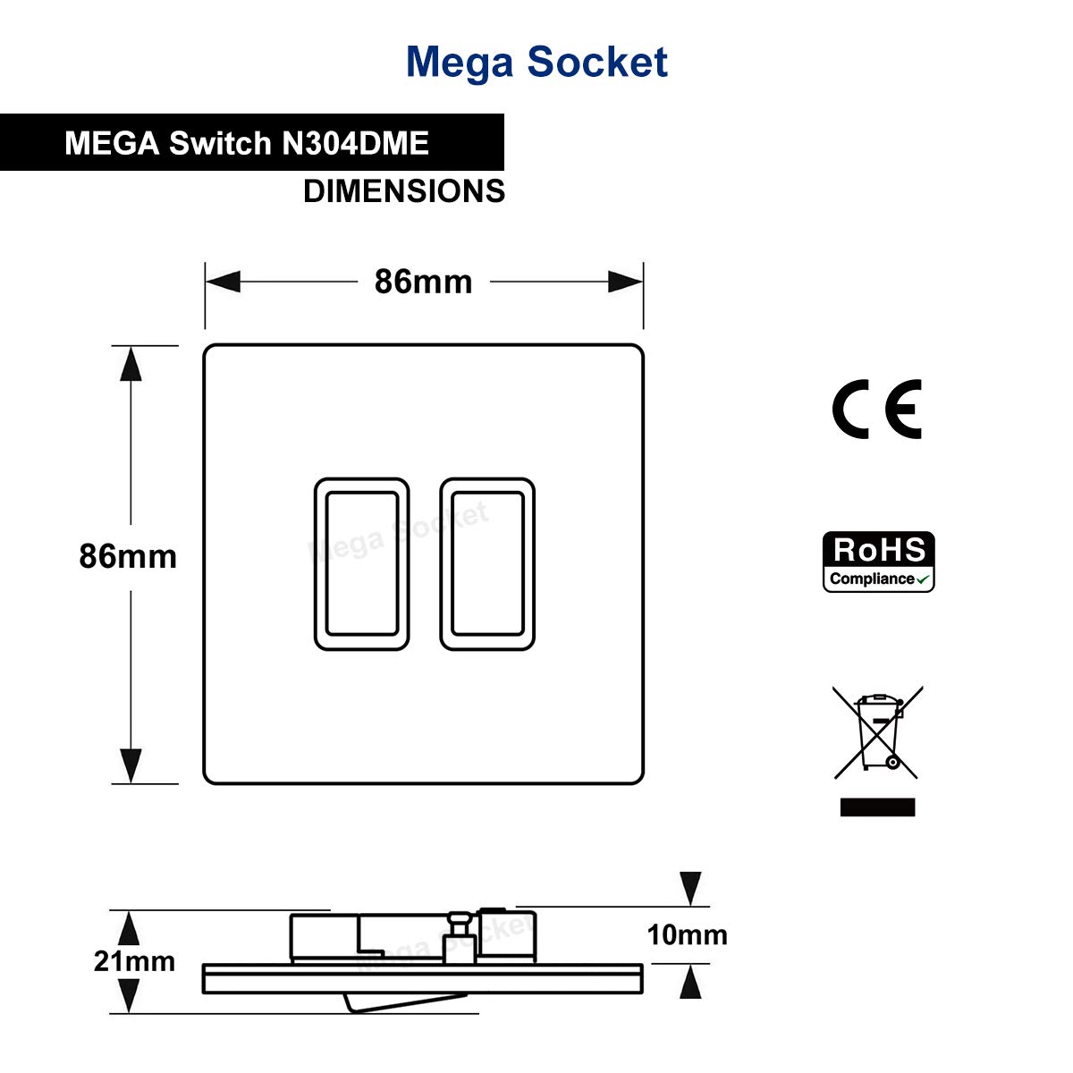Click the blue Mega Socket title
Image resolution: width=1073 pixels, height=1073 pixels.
536,62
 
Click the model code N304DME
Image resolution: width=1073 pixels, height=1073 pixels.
355,143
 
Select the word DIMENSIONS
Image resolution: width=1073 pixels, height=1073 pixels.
404,191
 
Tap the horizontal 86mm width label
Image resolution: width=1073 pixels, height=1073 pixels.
423,282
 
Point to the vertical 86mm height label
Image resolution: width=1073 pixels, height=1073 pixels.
128,556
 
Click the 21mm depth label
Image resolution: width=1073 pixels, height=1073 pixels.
135,961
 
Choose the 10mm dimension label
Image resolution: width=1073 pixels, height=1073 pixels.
687,935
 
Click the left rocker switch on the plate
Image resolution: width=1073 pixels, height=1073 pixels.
361,563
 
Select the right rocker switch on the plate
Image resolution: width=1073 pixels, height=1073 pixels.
487,563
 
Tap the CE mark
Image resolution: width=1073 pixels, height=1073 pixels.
877,410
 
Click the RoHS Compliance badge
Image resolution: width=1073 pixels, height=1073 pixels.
878,562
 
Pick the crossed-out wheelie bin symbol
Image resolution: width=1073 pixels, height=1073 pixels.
877,732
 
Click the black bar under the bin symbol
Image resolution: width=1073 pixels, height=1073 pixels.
877,807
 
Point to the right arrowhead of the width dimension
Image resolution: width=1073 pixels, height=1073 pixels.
625,282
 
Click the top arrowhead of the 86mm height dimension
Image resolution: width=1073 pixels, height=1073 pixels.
131,364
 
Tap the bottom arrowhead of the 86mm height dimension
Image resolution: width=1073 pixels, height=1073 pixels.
131,766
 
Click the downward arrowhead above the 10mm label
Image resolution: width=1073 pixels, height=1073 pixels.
690,889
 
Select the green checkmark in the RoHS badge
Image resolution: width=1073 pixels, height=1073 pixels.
924,579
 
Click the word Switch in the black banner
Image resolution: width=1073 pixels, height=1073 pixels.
220,143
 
